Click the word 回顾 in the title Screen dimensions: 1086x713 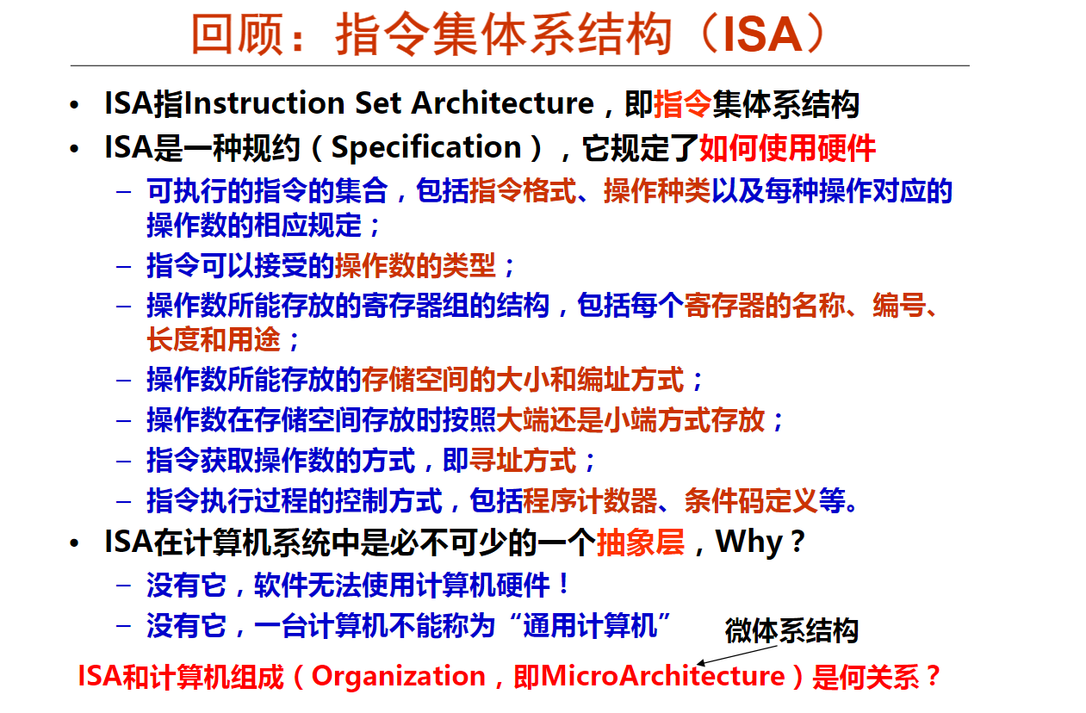[x=237, y=34]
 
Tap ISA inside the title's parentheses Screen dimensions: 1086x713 [x=762, y=34]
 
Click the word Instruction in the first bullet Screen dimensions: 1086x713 [x=264, y=103]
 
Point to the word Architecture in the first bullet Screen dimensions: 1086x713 [x=503, y=103]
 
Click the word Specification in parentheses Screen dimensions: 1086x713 [x=426, y=147]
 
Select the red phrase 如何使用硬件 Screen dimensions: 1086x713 [x=787, y=148]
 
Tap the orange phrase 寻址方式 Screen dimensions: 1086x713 [x=522, y=461]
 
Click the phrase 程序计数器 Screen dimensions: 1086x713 [x=590, y=500]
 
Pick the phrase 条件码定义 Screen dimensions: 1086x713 [x=752, y=500]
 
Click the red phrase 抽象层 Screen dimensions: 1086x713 [x=641, y=542]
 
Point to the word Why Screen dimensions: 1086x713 [x=749, y=542]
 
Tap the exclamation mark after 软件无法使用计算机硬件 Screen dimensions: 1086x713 [x=563, y=584]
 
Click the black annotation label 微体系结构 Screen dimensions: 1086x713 [x=791, y=630]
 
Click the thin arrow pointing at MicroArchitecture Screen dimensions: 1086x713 [x=737, y=654]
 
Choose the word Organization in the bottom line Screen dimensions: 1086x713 [x=399, y=677]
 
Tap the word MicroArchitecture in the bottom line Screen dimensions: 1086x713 [x=663, y=676]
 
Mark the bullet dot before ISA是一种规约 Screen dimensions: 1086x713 [x=74, y=148]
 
